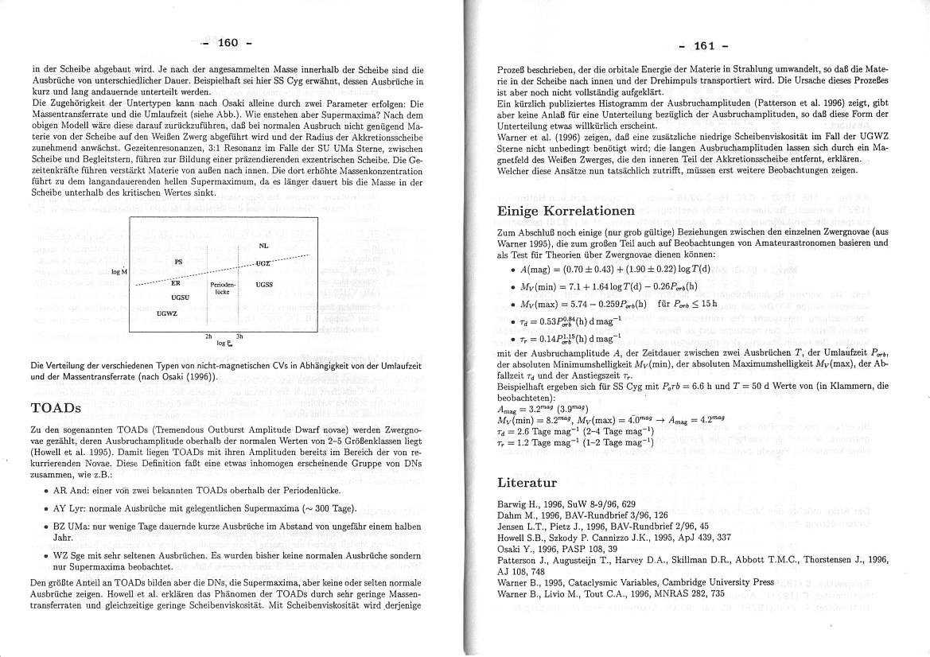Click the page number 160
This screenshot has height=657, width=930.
228,42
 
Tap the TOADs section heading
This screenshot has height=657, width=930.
56,407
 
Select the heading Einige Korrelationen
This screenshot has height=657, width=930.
566,211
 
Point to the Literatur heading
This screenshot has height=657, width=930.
527,482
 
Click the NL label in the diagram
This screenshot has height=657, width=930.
263,247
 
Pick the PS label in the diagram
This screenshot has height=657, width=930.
179,261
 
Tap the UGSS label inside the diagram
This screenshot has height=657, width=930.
264,284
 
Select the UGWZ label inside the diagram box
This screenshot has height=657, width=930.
166,313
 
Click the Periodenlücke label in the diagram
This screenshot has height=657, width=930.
222,287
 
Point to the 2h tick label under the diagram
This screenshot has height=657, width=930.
208,337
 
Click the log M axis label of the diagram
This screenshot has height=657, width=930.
119,272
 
